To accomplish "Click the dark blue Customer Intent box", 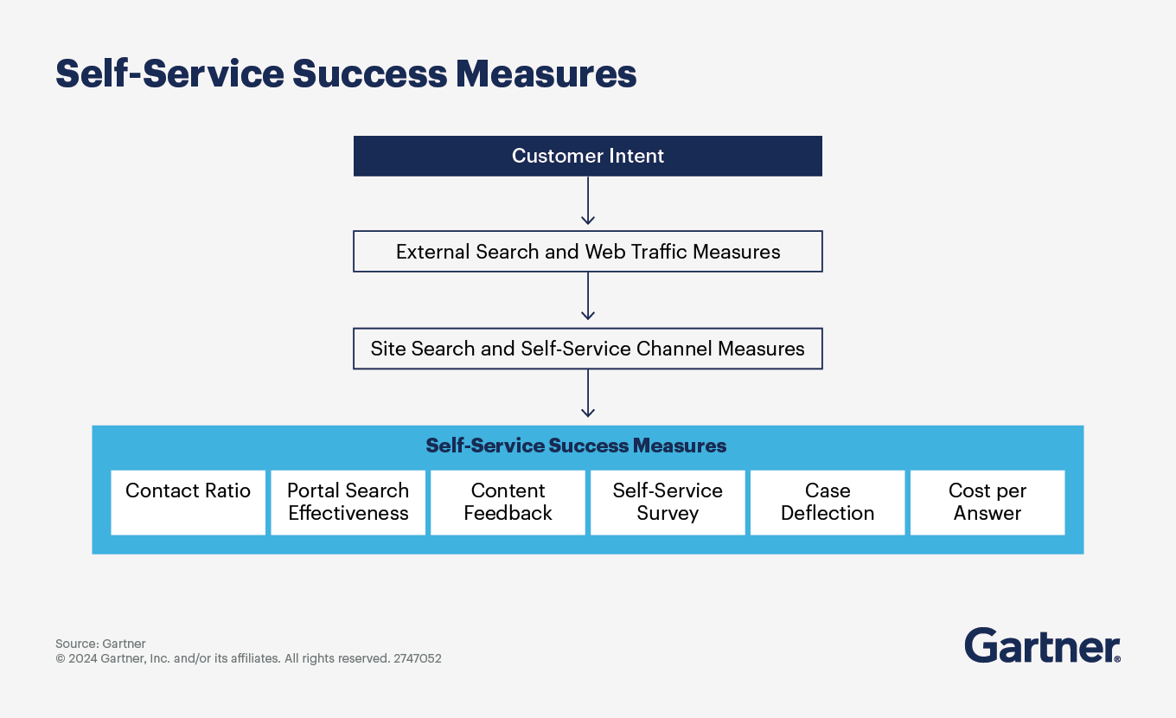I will point(587,157).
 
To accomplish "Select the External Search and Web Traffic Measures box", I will point(587,252).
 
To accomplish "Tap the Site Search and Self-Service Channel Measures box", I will point(587,349).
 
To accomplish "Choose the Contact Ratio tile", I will point(188,502).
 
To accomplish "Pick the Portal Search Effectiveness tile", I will point(348,502).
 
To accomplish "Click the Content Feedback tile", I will point(508,502).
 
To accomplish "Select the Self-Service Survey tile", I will point(668,502).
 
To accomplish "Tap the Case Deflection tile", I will point(828,502).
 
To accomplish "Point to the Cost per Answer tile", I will point(987,502).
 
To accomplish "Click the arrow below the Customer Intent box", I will point(588,202).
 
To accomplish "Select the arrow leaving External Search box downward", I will point(588,297).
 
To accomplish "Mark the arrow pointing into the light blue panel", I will point(588,394).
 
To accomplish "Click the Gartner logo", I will point(1041,645).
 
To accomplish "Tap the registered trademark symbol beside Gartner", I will point(1117,658).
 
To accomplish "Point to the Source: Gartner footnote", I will point(100,644).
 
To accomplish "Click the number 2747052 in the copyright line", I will point(418,658).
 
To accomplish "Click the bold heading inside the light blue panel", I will point(576,446).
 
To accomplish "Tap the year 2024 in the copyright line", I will point(83,658).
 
